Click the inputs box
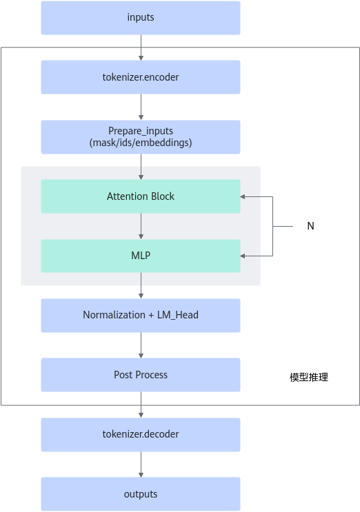141,18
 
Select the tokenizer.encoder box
141,77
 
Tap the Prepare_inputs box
141,137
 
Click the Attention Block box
141,196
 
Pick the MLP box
141,256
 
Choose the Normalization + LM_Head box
141,316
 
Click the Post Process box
141,375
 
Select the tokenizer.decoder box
141,435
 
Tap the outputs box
141,494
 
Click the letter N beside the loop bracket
310,226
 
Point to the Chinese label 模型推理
309,378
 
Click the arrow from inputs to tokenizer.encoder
141,48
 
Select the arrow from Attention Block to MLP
141,226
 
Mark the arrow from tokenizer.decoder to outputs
141,464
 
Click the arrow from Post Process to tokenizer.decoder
141,405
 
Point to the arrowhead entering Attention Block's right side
242,196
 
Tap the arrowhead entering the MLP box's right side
242,256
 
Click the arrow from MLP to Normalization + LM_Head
141,286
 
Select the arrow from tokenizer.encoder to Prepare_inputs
141,107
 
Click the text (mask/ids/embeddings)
141,143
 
